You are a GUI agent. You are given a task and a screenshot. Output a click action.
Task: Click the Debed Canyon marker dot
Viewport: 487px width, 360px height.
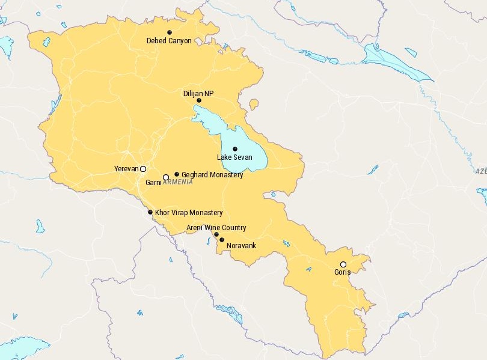click(x=170, y=32)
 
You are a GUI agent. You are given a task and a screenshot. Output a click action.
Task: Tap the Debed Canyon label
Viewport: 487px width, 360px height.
click(x=169, y=41)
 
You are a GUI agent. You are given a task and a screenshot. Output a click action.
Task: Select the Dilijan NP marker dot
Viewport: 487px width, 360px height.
click(x=199, y=101)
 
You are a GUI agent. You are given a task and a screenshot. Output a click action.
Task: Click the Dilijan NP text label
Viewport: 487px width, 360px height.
click(x=198, y=94)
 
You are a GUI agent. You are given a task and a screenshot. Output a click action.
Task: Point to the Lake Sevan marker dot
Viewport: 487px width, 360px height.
click(x=235, y=149)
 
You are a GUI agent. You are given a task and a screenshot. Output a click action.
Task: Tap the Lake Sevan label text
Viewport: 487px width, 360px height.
click(x=234, y=157)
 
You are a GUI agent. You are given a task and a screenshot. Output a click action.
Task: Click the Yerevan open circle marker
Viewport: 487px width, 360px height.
click(x=143, y=169)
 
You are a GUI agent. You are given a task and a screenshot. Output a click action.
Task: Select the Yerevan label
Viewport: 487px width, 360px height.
click(x=126, y=169)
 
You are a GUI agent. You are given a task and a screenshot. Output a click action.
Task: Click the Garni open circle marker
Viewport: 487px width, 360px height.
click(x=166, y=177)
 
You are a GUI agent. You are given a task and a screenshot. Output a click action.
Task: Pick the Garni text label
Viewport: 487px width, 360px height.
click(x=153, y=182)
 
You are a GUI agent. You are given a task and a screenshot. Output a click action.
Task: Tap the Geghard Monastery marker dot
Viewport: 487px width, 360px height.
click(x=177, y=174)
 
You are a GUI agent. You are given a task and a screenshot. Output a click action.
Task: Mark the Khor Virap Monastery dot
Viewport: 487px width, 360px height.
click(x=150, y=212)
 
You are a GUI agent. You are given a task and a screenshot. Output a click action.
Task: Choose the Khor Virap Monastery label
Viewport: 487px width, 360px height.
click(x=189, y=213)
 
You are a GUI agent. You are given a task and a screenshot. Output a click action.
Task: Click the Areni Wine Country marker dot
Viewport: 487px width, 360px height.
click(x=216, y=234)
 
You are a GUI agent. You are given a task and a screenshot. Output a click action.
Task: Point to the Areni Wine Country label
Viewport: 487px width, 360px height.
click(x=216, y=228)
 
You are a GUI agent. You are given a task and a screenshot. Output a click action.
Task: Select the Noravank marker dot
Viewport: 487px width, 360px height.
click(x=222, y=240)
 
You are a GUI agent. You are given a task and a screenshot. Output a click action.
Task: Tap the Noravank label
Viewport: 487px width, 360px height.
click(x=241, y=246)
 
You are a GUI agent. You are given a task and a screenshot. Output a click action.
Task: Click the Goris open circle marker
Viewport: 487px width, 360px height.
click(x=343, y=264)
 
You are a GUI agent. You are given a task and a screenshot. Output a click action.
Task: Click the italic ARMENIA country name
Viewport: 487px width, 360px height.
click(x=178, y=182)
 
